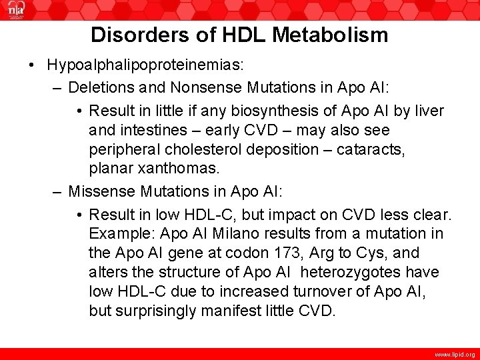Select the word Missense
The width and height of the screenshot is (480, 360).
tap(103, 191)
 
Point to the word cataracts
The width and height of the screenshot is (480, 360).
tap(371, 149)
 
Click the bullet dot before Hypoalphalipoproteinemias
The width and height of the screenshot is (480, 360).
tap(32, 65)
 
